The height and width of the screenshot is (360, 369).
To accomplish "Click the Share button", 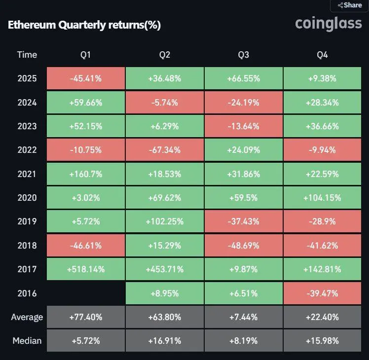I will pyautogui.click(x=350, y=5).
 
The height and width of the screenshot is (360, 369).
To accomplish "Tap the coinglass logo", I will pyautogui.click(x=328, y=23).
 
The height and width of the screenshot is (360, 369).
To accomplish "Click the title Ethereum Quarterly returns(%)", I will pyautogui.click(x=84, y=25).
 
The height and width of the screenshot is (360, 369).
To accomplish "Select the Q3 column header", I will pyautogui.click(x=243, y=55).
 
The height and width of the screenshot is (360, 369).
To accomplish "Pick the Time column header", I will pyautogui.click(x=27, y=55).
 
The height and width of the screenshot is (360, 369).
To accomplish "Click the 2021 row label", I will pyautogui.click(x=27, y=174).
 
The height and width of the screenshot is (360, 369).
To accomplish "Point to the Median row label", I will pyautogui.click(x=27, y=341).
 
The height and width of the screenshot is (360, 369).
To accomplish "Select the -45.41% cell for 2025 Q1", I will pyautogui.click(x=86, y=78).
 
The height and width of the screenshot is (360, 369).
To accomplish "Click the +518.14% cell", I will pyautogui.click(x=86, y=269).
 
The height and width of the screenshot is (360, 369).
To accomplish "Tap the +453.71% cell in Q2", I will pyautogui.click(x=165, y=269).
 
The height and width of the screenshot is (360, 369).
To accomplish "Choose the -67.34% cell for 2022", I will pyautogui.click(x=165, y=150).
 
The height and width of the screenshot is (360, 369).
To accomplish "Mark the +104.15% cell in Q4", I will pyautogui.click(x=323, y=198).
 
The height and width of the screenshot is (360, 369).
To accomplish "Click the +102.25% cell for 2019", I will pyautogui.click(x=165, y=221).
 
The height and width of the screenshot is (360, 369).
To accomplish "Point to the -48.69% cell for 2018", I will pyautogui.click(x=244, y=246).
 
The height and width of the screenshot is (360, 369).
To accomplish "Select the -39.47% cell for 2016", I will pyautogui.click(x=323, y=293).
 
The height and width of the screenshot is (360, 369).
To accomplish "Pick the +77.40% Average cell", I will pyautogui.click(x=86, y=317).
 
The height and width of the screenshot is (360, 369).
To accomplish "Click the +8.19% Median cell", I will pyautogui.click(x=244, y=341).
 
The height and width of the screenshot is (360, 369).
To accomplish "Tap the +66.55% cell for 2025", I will pyautogui.click(x=244, y=78).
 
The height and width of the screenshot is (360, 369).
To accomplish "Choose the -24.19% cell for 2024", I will pyautogui.click(x=244, y=103).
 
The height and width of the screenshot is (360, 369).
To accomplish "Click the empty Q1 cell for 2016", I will pyautogui.click(x=86, y=293).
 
